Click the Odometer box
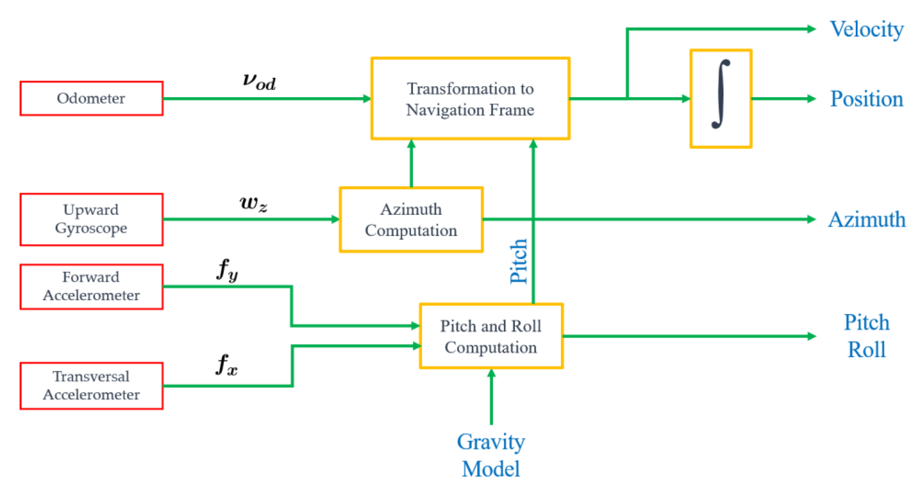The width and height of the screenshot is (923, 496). click(x=91, y=98)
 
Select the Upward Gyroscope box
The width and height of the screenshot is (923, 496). click(x=91, y=219)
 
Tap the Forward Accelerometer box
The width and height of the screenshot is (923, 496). click(x=91, y=286)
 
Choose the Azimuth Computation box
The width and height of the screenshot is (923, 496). click(x=411, y=219)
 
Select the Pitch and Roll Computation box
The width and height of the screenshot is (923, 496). click(x=490, y=336)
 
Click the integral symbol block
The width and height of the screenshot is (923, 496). click(x=721, y=98)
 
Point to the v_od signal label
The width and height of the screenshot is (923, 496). click(x=259, y=81)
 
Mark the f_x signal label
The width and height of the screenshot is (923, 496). click(x=227, y=365)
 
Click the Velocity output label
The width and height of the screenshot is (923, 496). click(x=867, y=29)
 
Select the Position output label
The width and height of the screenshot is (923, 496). click(x=866, y=99)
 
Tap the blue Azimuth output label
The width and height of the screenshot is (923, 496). click(x=867, y=219)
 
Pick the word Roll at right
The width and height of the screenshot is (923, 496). click(x=866, y=350)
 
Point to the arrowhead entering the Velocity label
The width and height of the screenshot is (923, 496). click(x=811, y=29)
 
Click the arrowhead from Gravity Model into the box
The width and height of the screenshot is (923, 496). click(x=491, y=374)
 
